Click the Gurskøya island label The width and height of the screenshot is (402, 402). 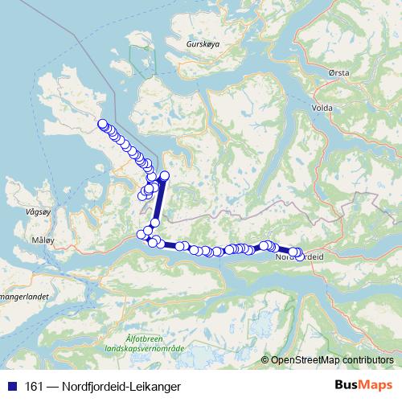coord(201,46)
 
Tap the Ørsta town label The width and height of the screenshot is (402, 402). coord(339,72)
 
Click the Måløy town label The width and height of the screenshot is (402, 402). coord(41,240)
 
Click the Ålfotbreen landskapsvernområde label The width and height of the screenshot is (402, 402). coord(157,343)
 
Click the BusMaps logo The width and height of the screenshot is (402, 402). coord(362,386)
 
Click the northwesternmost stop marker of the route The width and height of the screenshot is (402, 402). coord(103,124)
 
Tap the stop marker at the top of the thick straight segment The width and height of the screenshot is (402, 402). coord(165,175)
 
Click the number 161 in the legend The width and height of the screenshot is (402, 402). coord(35,386)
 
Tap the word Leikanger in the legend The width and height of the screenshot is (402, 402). coord(155,386)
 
